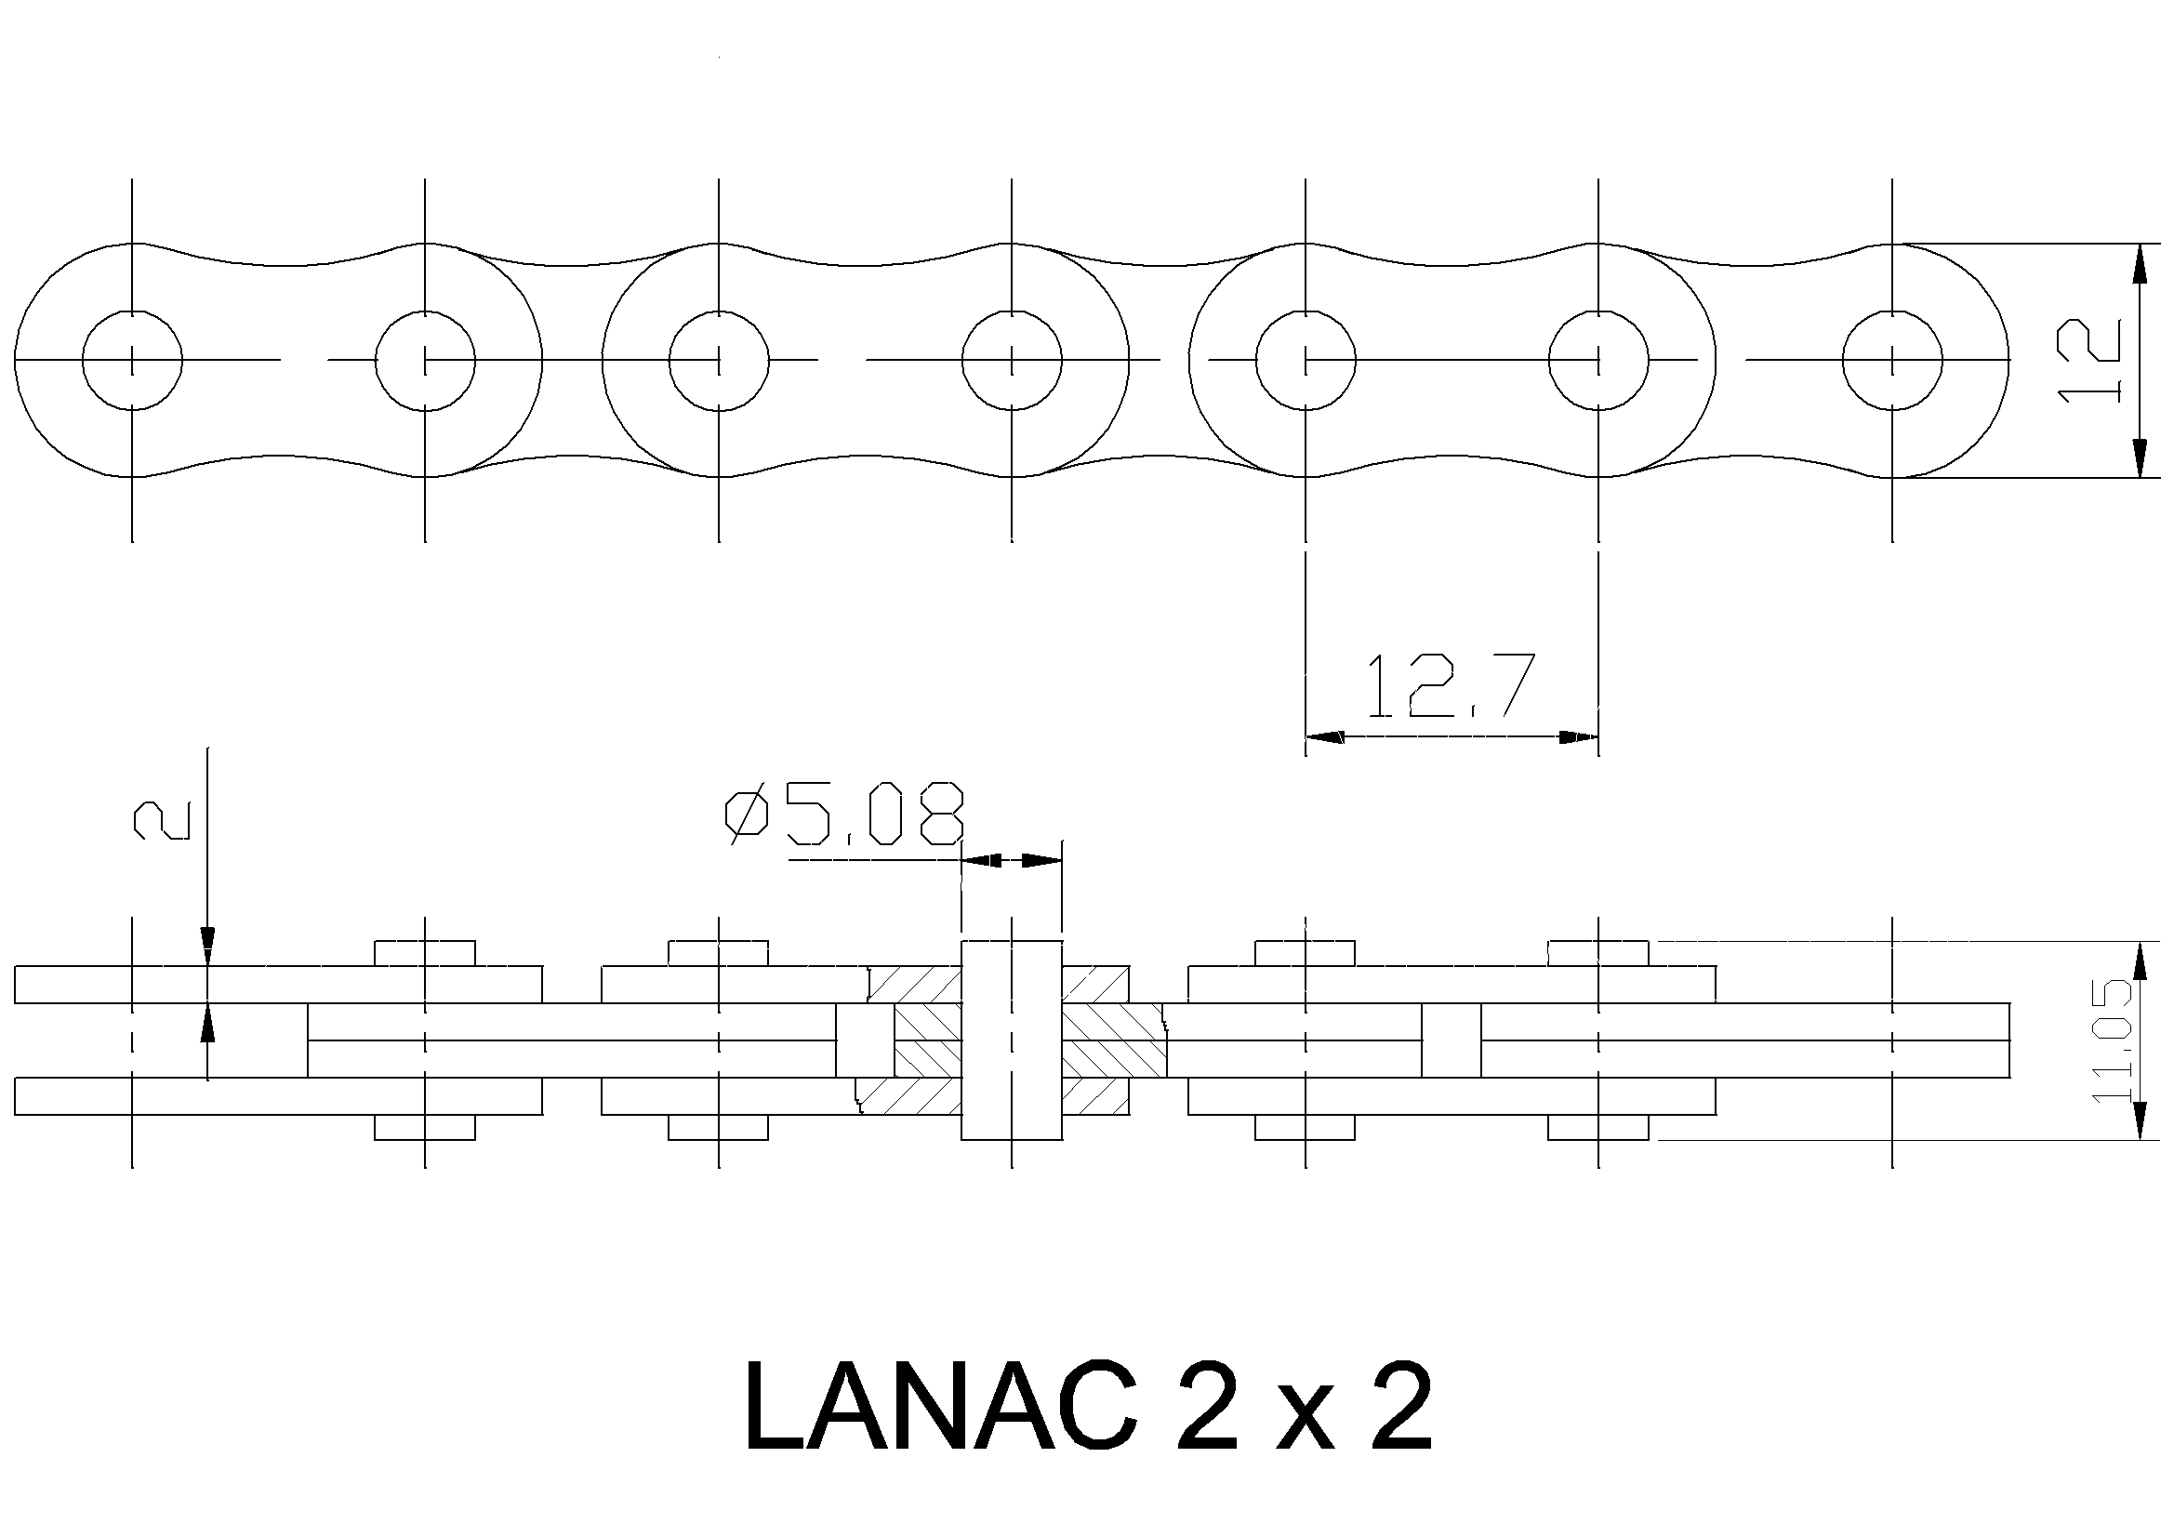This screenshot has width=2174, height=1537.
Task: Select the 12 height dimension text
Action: (x=2089, y=361)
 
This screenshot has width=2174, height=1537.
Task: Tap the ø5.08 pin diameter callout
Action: (x=844, y=814)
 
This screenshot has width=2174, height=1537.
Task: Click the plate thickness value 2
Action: (x=162, y=820)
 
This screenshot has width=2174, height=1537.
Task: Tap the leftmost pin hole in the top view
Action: (x=133, y=360)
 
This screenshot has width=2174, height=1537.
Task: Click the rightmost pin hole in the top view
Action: (x=1892, y=360)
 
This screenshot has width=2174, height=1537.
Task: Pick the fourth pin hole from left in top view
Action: (x=1013, y=360)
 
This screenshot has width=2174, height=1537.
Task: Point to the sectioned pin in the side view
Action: (x=1013, y=1040)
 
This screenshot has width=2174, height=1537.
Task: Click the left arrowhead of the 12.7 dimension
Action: (x=1324, y=735)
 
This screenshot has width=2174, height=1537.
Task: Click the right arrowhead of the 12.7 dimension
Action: (x=1580, y=735)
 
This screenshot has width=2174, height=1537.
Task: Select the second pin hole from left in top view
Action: (x=425, y=360)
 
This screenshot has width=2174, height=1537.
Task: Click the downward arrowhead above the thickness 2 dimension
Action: (x=208, y=946)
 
